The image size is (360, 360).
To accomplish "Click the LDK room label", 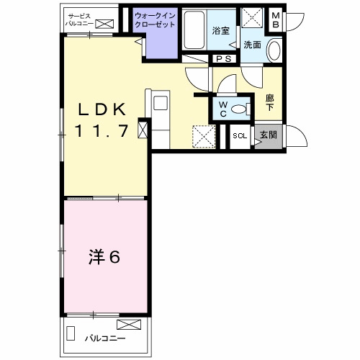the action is pos(102,109).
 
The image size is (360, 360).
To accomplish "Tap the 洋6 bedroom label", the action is pos(104,257).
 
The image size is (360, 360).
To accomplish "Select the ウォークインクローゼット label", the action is pos(155,20).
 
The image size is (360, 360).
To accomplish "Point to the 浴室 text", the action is pos(221,30).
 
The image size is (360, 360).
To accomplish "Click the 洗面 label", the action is pos(252,45).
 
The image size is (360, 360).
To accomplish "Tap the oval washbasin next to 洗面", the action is pos(274,51).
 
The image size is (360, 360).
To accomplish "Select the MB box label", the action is pos(276,20).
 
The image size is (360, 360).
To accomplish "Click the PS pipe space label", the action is pos(223,59).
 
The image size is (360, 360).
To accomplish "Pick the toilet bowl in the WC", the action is pos(239,109).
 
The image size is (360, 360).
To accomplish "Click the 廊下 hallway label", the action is pos(270,102).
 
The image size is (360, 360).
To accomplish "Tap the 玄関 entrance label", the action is pos(269,135).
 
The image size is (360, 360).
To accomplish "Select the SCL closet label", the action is pos(240,136).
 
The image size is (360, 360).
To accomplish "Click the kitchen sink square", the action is pos(161,103).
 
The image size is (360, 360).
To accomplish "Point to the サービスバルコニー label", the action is pos(79,20).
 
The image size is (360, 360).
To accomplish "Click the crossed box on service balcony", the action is pos(104,24).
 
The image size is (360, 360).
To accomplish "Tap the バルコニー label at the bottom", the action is pos(105,338).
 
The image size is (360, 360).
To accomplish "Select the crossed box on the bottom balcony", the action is pos(129,325).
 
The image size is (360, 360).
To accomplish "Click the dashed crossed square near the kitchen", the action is pos(204,136).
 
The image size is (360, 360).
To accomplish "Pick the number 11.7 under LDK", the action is pos(102,131).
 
